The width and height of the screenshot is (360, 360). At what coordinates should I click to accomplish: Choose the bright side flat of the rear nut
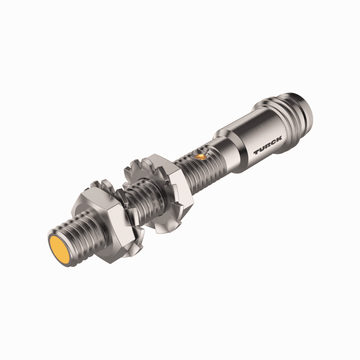coord(183,198)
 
